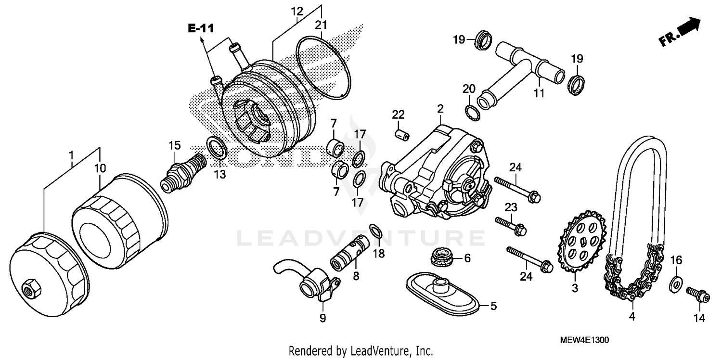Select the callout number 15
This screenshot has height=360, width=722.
174,145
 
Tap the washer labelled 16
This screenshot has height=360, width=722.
675,284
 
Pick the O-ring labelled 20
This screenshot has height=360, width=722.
471,111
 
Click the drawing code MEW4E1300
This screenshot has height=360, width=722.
584,340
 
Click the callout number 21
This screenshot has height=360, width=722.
321,25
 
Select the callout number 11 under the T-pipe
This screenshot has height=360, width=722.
539,93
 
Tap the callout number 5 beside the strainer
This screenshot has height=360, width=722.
493,306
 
